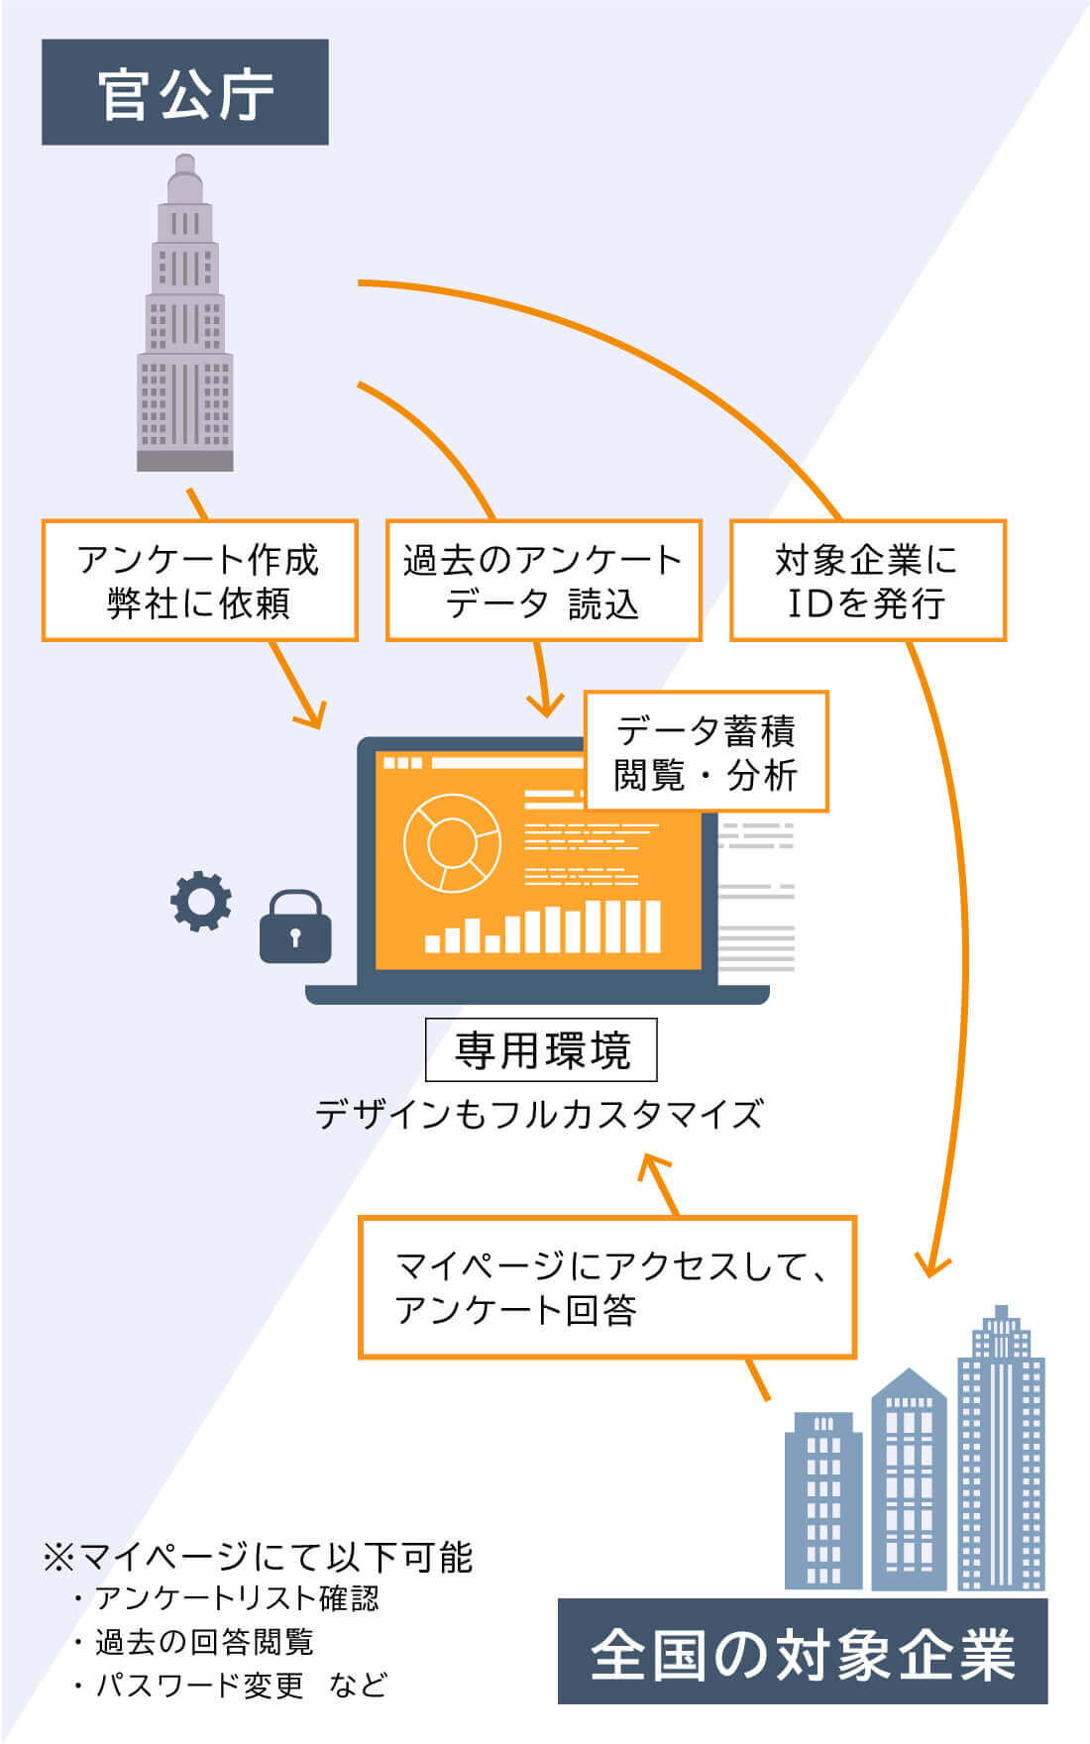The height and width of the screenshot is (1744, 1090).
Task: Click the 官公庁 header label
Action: tap(184, 92)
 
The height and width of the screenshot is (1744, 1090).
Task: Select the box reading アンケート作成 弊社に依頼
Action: tap(199, 581)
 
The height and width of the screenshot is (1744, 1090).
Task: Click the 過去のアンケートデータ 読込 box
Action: tap(543, 581)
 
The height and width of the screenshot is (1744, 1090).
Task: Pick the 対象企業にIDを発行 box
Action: tap(867, 581)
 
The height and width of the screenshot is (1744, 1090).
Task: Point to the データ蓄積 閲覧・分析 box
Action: tap(706, 752)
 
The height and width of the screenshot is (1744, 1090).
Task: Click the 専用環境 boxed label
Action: tap(541, 1049)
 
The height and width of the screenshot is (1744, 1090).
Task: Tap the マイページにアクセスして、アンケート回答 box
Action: tap(606, 1287)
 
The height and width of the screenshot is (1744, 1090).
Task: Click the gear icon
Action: tap(201, 901)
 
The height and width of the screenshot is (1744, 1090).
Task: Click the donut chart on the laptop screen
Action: tap(452, 843)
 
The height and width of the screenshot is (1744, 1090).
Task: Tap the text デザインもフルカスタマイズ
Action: tap(540, 1114)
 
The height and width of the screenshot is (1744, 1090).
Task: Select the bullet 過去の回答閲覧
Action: tap(195, 1642)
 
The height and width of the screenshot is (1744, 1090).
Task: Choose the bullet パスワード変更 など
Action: tap(231, 1686)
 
